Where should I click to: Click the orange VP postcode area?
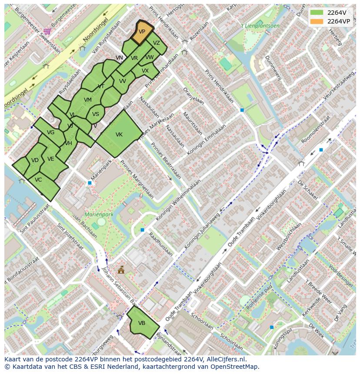[x=142, y=33]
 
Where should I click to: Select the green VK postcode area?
[x=119, y=135]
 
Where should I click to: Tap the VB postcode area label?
[x=142, y=323]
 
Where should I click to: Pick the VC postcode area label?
[x=38, y=180]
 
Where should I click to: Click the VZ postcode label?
[x=157, y=43]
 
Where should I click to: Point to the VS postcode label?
[x=96, y=114]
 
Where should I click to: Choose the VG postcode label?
[x=50, y=132]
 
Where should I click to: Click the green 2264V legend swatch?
[x=317, y=13]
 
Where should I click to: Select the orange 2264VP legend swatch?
[x=317, y=21]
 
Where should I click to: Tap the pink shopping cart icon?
[x=47, y=31]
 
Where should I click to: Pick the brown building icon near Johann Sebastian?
[x=121, y=270]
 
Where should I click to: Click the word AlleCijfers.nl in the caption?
[x=226, y=359]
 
